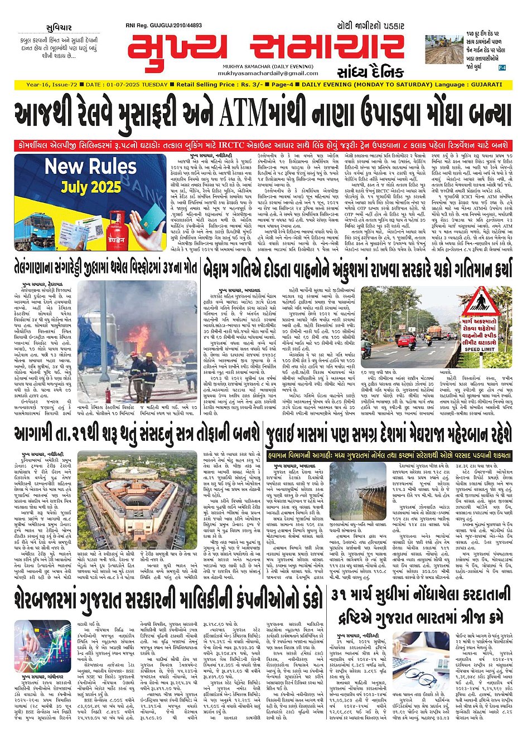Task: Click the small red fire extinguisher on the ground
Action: [x=108, y=395]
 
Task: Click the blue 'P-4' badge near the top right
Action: [x=502, y=67]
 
